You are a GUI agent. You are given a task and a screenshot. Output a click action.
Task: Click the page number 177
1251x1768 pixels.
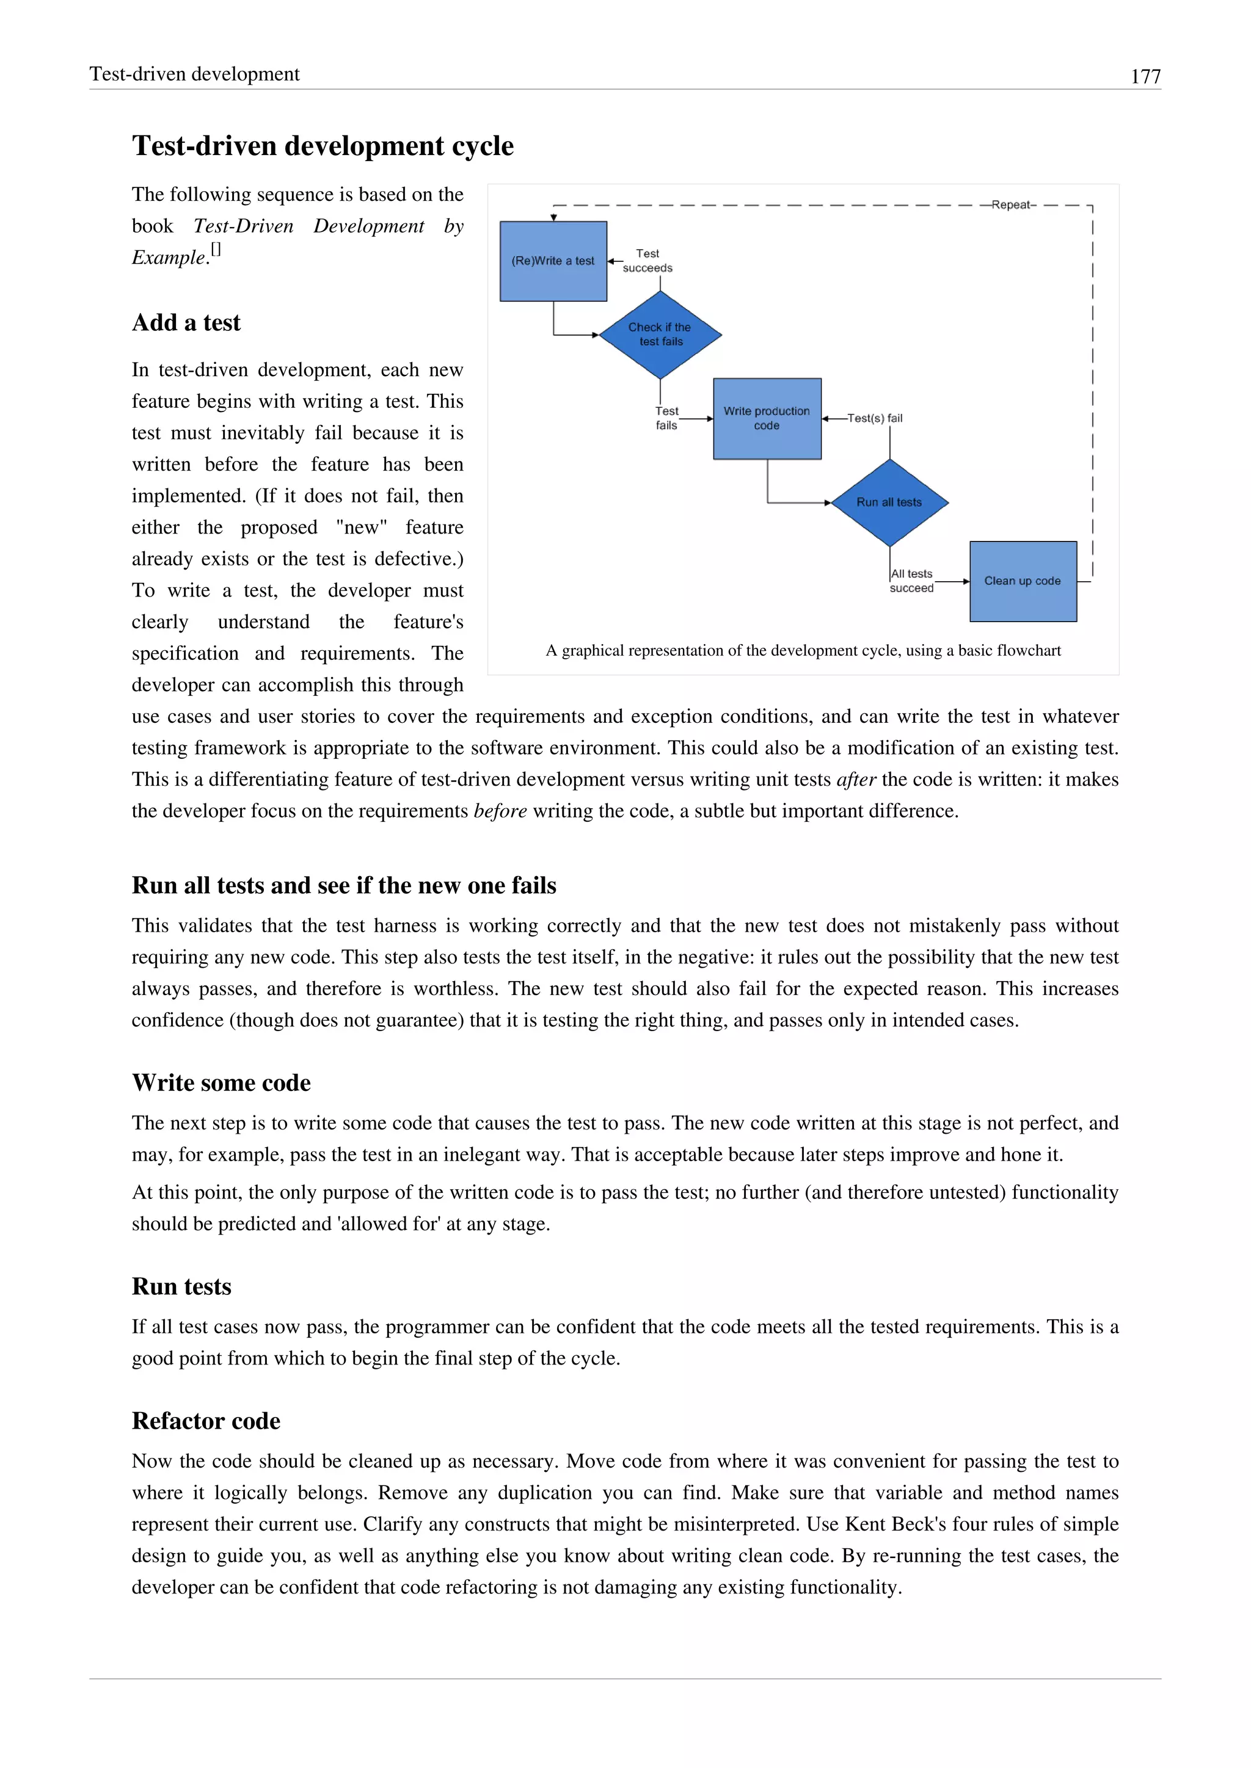tap(1145, 76)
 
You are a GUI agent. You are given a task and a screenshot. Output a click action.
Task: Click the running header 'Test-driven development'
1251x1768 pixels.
tap(194, 74)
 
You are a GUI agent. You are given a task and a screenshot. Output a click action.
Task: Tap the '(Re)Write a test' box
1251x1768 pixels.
tap(553, 261)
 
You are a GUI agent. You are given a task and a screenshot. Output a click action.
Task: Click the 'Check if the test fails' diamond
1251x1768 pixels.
tap(660, 334)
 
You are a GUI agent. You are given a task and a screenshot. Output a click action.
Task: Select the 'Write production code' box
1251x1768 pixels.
tap(767, 418)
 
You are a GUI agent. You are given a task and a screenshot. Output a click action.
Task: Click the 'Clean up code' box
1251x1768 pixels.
tap(1022, 581)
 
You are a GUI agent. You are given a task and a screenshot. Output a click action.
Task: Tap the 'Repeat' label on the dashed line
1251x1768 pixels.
tap(1013, 205)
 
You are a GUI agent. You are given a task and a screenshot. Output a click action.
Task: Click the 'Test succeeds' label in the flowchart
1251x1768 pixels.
tap(647, 260)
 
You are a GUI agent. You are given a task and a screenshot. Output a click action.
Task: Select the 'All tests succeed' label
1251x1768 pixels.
tap(911, 581)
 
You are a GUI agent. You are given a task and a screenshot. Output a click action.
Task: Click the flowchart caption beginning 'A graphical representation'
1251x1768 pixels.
tap(803, 651)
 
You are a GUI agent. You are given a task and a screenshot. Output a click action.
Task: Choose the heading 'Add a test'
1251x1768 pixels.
tap(186, 322)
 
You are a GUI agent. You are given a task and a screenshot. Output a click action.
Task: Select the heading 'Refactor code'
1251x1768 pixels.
tap(206, 1421)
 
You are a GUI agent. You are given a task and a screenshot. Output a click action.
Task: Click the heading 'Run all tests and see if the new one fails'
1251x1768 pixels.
tap(343, 886)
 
